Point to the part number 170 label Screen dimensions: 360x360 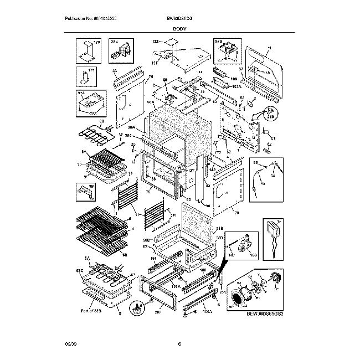(96, 43)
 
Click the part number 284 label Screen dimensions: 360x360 (115, 43)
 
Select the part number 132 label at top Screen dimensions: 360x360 (156, 42)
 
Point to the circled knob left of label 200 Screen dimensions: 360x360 (137, 308)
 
